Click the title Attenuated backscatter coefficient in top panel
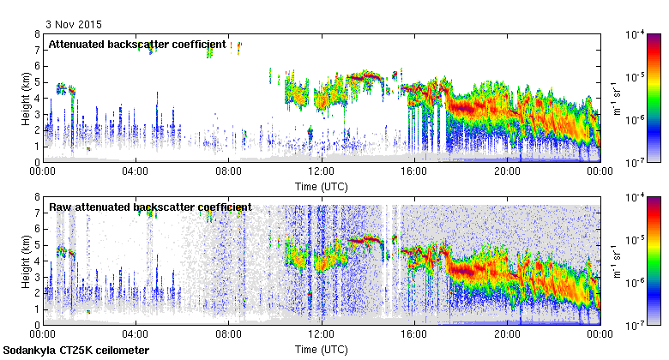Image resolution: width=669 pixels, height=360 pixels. (137, 44)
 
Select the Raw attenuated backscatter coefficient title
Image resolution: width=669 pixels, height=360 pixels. (150, 207)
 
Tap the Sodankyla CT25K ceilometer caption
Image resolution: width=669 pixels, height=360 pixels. (76, 351)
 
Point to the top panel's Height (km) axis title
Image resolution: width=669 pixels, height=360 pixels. (27, 98)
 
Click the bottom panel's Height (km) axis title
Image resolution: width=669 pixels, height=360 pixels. (27, 261)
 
